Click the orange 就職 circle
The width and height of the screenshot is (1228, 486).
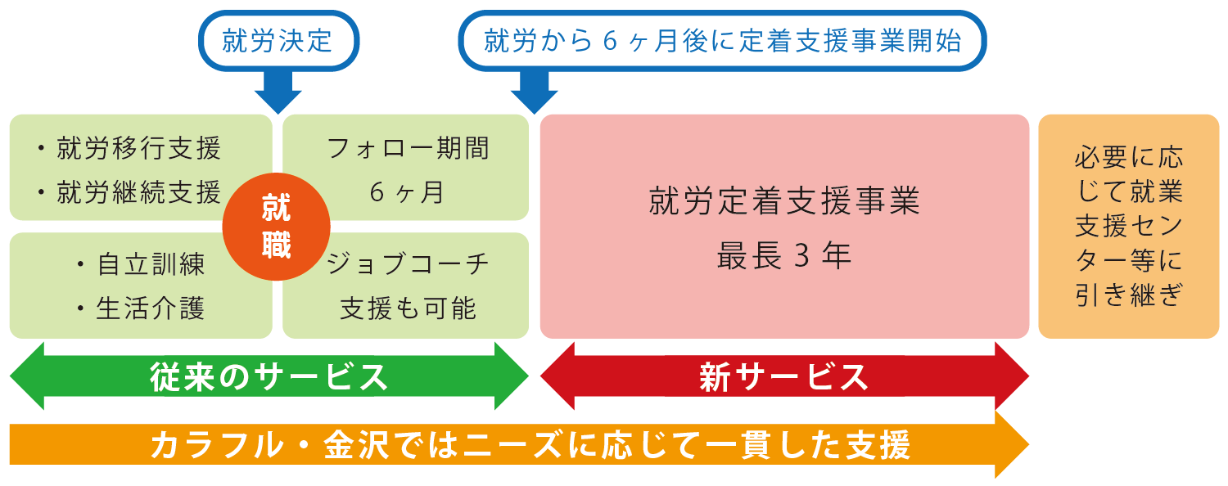pos(277,227)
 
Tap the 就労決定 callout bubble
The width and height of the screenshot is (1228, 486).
pos(278,41)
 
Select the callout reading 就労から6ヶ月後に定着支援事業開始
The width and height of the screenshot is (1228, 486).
pos(723,41)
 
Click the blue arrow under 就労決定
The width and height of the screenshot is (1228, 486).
pos(278,92)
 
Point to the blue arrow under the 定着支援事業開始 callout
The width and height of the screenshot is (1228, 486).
pos(535,92)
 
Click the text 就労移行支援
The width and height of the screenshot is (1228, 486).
pos(138,148)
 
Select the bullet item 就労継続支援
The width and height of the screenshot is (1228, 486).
pos(138,192)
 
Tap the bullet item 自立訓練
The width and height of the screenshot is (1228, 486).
pos(151,264)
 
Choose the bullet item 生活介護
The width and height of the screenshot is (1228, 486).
pos(151,308)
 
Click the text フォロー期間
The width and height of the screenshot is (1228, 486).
pos(408,148)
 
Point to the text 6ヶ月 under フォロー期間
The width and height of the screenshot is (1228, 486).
pos(406,192)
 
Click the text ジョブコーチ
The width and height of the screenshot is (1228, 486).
pos(408,264)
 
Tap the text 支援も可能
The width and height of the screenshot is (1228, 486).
pos(408,308)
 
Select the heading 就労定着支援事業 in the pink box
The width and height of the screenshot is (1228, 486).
pos(784,200)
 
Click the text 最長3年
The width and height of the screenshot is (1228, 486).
pos(784,255)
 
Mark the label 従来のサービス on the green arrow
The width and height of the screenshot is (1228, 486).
pos(269,377)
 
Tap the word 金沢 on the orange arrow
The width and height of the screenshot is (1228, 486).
pos(356,445)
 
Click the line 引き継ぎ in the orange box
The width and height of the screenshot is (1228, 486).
pos(1129,295)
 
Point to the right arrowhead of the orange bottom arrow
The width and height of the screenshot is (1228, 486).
pos(1012,444)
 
